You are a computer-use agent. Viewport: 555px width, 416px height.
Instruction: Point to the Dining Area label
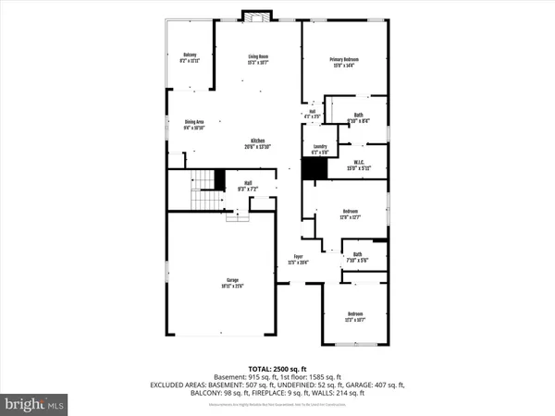194,124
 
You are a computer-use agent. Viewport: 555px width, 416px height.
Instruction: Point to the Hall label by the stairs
248,185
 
